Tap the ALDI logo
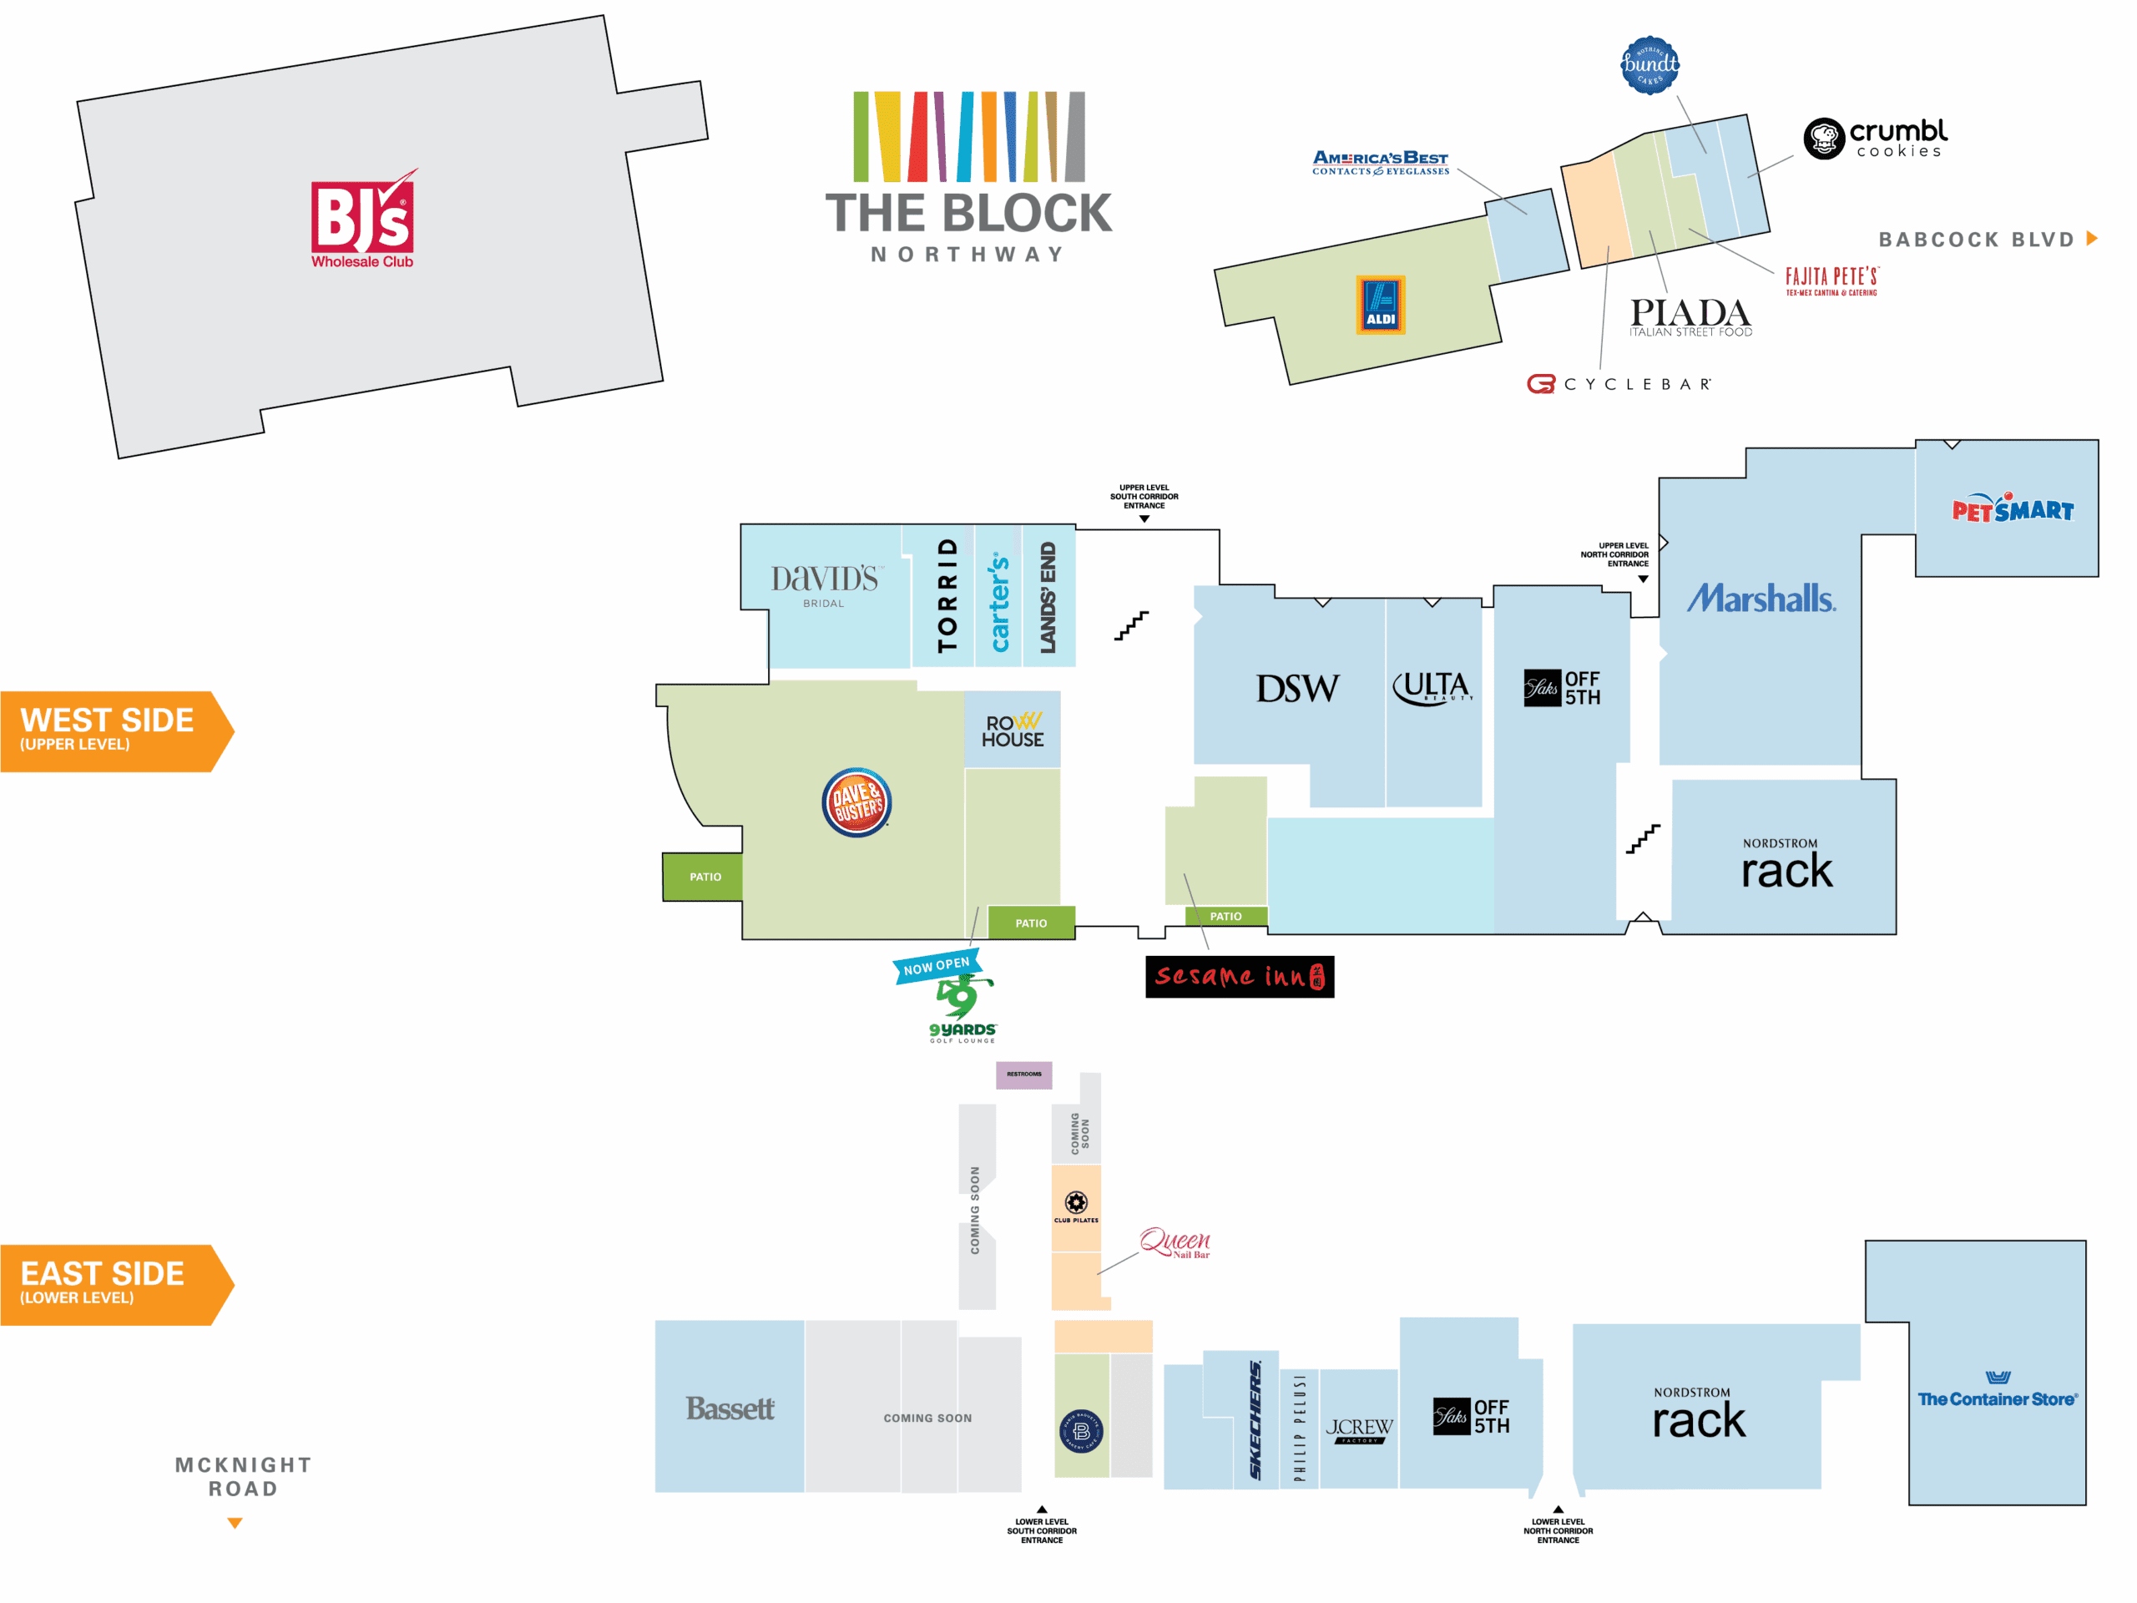[1380, 306]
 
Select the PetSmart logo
[2013, 508]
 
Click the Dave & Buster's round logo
[856, 802]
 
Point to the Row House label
[1013, 731]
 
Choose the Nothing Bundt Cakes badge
[1649, 65]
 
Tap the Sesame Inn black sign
[1240, 976]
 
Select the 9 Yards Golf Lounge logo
[962, 1009]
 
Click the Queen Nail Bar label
[1175, 1242]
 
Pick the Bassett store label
[730, 1408]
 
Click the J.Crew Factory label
[1358, 1429]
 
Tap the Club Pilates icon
[1075, 1204]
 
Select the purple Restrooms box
[1024, 1075]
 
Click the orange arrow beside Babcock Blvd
[2092, 239]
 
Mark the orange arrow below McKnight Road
[235, 1523]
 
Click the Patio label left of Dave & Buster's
[705, 877]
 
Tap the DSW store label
[1297, 689]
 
